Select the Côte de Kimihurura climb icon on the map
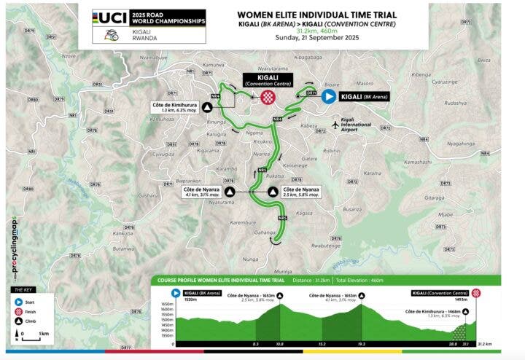(208, 106)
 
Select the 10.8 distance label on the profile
(279, 343)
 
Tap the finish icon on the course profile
(476, 292)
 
